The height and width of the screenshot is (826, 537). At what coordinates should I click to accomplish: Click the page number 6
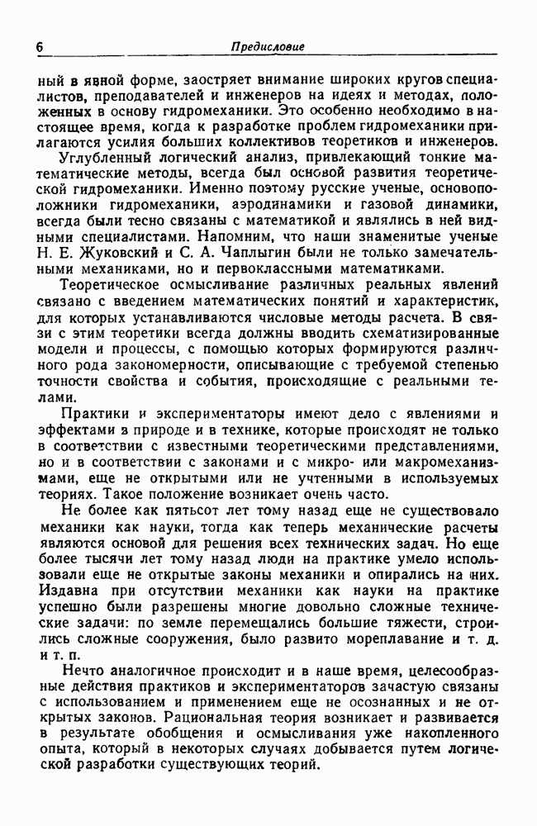click(40, 47)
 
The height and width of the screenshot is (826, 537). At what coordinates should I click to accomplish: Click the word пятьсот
click(226, 511)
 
